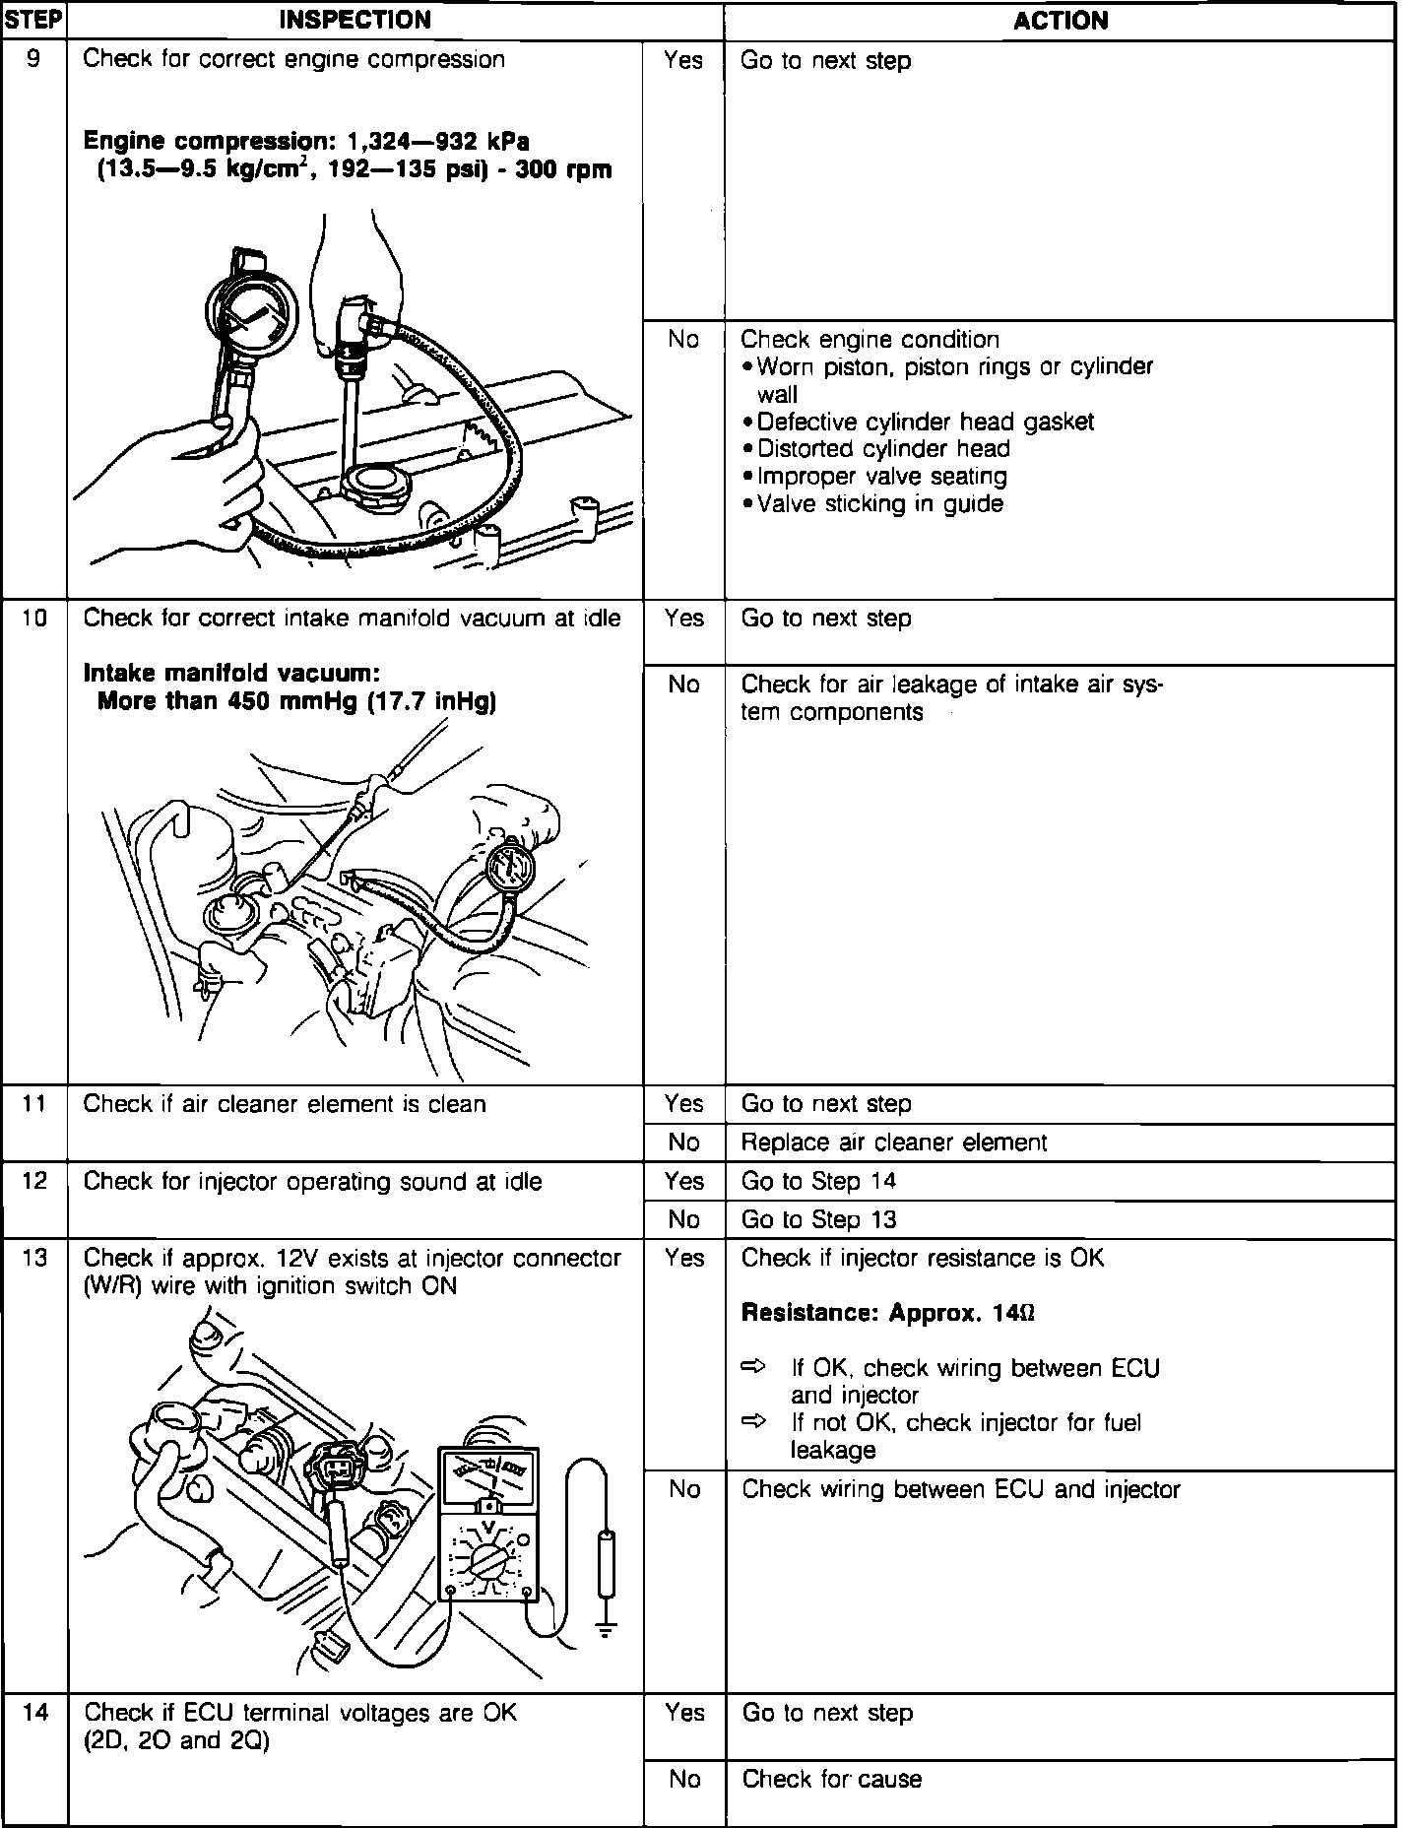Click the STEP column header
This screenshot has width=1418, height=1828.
tap(33, 20)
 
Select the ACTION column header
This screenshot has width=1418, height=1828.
tap(1060, 21)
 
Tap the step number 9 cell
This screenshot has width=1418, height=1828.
tap(33, 59)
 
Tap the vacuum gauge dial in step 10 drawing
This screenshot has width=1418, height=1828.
tap(511, 868)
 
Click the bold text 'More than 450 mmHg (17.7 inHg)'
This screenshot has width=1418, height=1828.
tap(296, 701)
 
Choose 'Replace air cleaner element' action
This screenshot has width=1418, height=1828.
tap(893, 1142)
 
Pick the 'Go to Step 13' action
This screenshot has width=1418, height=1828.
tap(818, 1219)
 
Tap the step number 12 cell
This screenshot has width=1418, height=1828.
tap(33, 1181)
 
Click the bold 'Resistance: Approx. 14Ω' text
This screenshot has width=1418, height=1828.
tap(887, 1313)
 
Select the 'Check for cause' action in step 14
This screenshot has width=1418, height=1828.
tap(831, 1779)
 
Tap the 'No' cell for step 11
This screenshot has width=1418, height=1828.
tap(683, 1142)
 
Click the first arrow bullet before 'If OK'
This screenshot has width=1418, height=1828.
tap(753, 1367)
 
